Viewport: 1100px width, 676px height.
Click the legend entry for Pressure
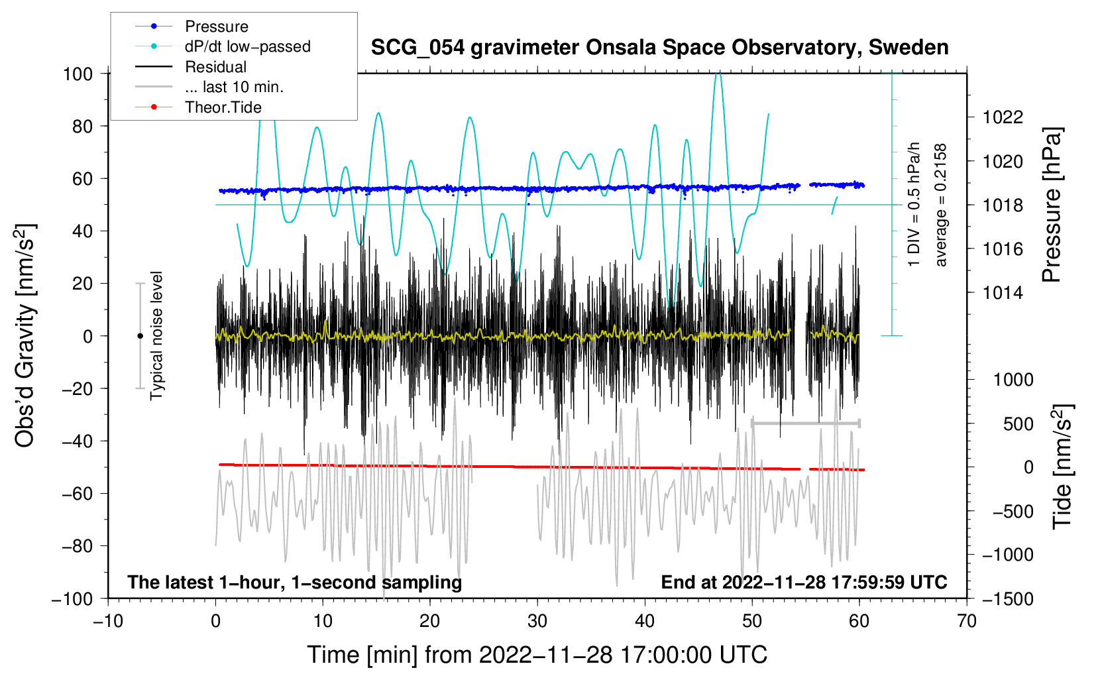192,26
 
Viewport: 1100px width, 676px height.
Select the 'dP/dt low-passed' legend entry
223,46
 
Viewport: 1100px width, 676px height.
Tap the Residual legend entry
191,67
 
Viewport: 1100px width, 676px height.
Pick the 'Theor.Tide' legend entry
198,107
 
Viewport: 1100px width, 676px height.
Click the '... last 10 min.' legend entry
209,87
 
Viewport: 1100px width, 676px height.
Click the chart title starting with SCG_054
659,48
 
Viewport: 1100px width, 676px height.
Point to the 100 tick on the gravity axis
78,74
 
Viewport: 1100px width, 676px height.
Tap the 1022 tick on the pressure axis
1003,117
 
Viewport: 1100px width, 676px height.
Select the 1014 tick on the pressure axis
1003,294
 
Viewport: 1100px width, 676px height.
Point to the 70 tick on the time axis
966,622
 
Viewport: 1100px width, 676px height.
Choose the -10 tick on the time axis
108,622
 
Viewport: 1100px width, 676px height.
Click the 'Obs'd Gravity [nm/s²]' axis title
25,335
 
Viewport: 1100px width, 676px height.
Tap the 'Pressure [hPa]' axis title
1052,205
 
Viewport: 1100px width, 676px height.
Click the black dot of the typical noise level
140,336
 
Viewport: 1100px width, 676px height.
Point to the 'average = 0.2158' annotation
940,205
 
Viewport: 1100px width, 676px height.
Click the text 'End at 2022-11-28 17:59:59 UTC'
804,582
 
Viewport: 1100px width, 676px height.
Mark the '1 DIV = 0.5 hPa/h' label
913,205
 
